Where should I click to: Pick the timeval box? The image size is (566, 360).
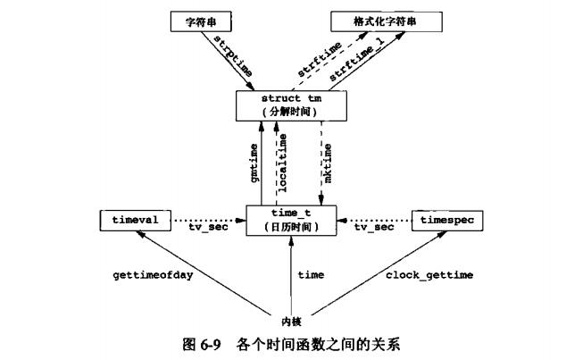click(129, 217)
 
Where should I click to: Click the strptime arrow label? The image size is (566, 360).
click(231, 55)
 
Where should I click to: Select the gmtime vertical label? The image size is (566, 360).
click(254, 161)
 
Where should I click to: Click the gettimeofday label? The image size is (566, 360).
click(160, 276)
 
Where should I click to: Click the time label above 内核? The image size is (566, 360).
click(310, 276)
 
